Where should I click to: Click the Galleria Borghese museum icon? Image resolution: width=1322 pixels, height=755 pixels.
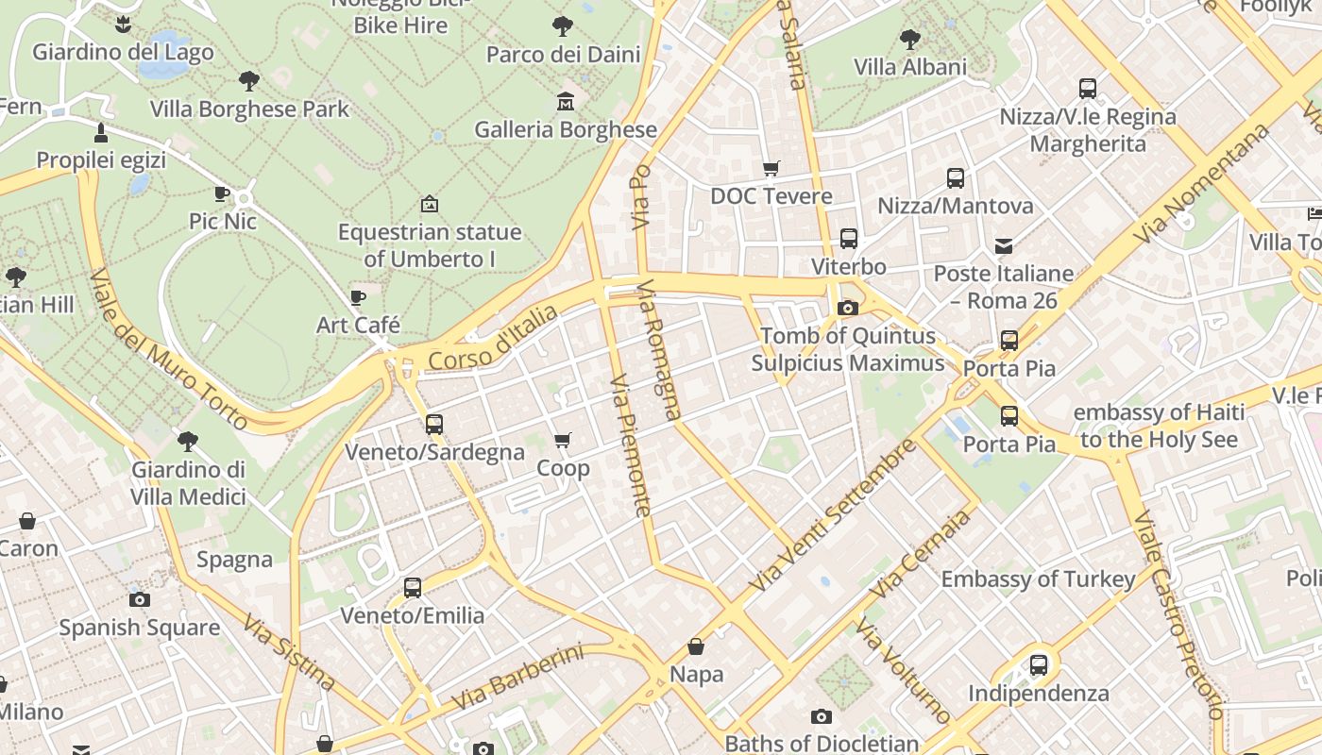(x=565, y=101)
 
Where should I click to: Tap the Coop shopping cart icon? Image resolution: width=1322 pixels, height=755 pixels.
(x=563, y=440)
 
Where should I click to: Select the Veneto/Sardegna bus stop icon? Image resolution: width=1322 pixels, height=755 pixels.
(x=433, y=425)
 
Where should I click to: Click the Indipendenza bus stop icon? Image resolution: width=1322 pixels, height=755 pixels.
(x=1039, y=665)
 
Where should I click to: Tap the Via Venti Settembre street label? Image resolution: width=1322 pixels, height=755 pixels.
(x=832, y=515)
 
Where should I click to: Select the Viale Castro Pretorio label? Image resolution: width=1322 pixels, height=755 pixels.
(x=1178, y=615)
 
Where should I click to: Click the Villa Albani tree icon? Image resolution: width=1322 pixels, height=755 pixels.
(x=910, y=39)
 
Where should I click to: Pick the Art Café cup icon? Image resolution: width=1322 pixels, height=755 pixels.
(x=358, y=298)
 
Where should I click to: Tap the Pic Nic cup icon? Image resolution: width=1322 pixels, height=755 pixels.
(x=222, y=194)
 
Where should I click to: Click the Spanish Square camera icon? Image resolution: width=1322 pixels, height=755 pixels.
(x=140, y=600)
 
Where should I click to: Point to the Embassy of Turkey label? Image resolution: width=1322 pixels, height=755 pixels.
(x=1038, y=579)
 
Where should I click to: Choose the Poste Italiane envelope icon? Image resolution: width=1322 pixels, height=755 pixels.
(x=1004, y=246)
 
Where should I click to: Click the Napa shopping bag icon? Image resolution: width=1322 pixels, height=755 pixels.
(x=696, y=646)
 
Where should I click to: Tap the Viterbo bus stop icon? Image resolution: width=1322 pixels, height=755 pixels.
(x=848, y=239)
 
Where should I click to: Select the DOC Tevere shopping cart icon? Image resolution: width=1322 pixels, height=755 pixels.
(x=771, y=169)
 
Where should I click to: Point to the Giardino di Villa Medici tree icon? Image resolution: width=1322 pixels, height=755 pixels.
(x=188, y=441)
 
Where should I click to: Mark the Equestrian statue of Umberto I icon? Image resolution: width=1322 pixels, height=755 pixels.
(x=429, y=204)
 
